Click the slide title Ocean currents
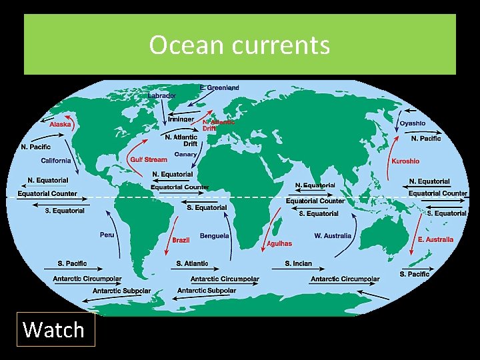tap(239, 45)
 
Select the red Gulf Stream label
tap(149, 160)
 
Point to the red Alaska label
tap(60, 124)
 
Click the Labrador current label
tap(161, 95)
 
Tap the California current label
tap(56, 161)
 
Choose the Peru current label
tap(107, 235)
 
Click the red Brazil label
tap(181, 240)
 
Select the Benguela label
tap(214, 236)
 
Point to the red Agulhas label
tap(279, 244)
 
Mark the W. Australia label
tap(333, 236)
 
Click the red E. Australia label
tap(435, 239)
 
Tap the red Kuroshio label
tap(405, 161)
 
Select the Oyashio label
tap(412, 123)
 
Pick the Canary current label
tap(185, 155)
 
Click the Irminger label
tap(181, 119)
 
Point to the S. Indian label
tap(298, 263)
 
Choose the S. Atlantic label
tap(192, 263)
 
